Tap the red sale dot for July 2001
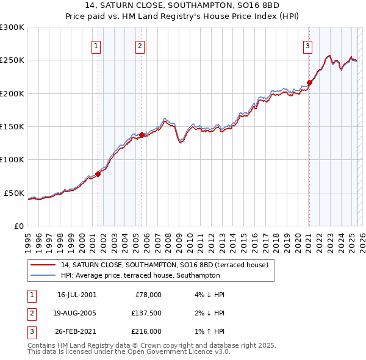pos(98,174)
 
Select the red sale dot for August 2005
pos(142,135)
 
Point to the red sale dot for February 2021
pos(309,82)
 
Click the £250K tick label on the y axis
pos(12,60)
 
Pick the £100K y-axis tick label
pos(12,159)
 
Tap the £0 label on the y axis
pos(18,226)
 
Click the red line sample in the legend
pos(43,265)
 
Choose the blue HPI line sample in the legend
pos(43,276)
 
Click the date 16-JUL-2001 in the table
pos(76,294)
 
